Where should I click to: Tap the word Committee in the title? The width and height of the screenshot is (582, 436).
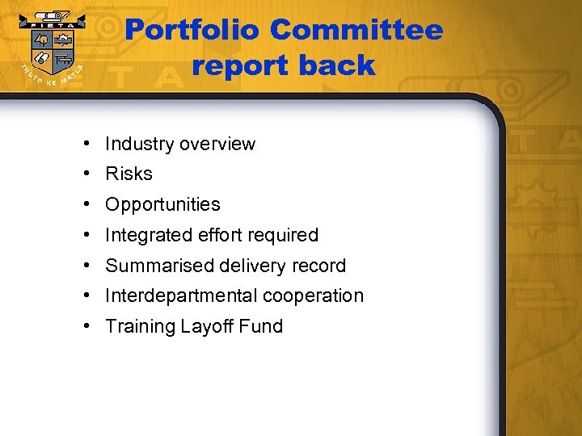click(x=356, y=31)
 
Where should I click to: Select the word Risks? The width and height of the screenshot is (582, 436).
click(x=129, y=174)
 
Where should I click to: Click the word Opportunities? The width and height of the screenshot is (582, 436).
click(x=162, y=205)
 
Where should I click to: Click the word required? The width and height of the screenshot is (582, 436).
click(x=283, y=236)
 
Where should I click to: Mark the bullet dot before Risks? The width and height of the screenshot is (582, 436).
click(x=85, y=174)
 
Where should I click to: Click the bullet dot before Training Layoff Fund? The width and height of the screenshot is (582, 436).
click(x=85, y=327)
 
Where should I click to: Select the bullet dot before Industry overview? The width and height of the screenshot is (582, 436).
click(x=85, y=145)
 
